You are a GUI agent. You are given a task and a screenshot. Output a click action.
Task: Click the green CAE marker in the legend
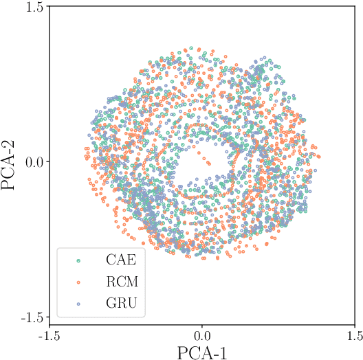(78, 261)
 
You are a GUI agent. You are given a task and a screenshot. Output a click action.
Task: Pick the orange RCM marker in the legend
(78, 282)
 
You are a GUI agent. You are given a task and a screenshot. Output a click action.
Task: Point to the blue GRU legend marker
(78, 303)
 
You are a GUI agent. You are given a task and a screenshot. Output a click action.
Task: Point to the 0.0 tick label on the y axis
(33, 162)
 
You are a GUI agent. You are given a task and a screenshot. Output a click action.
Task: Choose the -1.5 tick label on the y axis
(30, 317)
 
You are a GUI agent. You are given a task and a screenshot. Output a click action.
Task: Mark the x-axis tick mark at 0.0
(202, 322)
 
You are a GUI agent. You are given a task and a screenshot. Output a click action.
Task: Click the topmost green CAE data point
(190, 49)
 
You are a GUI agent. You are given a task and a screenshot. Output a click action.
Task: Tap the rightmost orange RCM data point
(318, 157)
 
